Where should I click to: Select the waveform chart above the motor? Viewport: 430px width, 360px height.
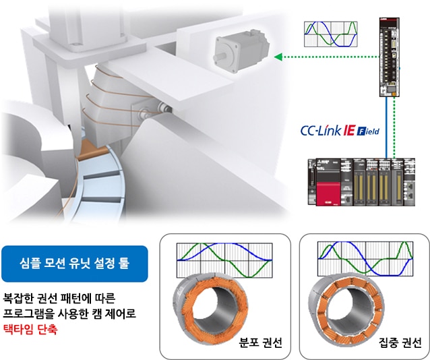point(331,33)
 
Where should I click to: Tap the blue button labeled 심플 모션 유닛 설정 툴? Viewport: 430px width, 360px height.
point(74,264)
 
